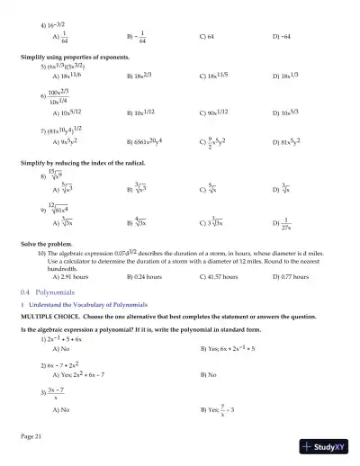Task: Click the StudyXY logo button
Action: (x=327, y=446)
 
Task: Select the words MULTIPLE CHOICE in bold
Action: (x=50, y=317)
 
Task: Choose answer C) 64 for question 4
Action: (x=208, y=39)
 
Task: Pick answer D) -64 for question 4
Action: (x=283, y=39)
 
